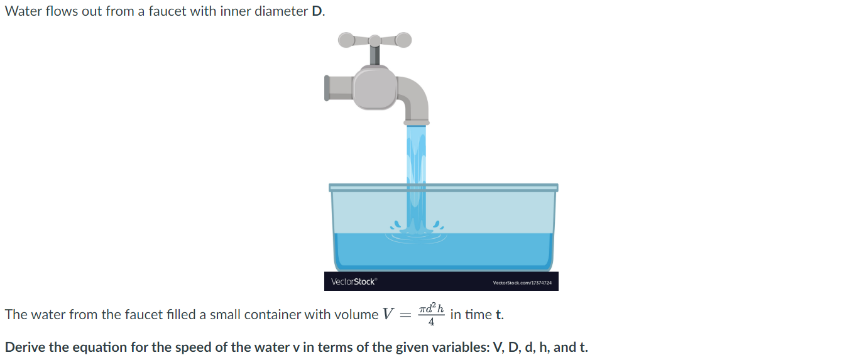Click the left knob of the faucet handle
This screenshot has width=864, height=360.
click(346, 40)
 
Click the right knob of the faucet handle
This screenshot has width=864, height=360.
click(403, 40)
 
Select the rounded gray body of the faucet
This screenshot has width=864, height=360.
click(375, 88)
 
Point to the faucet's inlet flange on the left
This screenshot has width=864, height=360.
click(327, 88)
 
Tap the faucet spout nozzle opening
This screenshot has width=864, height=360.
click(417, 121)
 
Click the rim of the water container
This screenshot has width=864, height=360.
click(443, 187)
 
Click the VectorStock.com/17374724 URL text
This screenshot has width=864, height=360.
click(522, 283)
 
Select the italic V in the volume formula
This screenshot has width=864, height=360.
click(388, 314)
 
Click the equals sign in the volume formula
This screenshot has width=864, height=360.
click(406, 315)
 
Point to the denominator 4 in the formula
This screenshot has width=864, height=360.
click(431, 322)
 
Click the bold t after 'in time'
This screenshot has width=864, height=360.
click(499, 315)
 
